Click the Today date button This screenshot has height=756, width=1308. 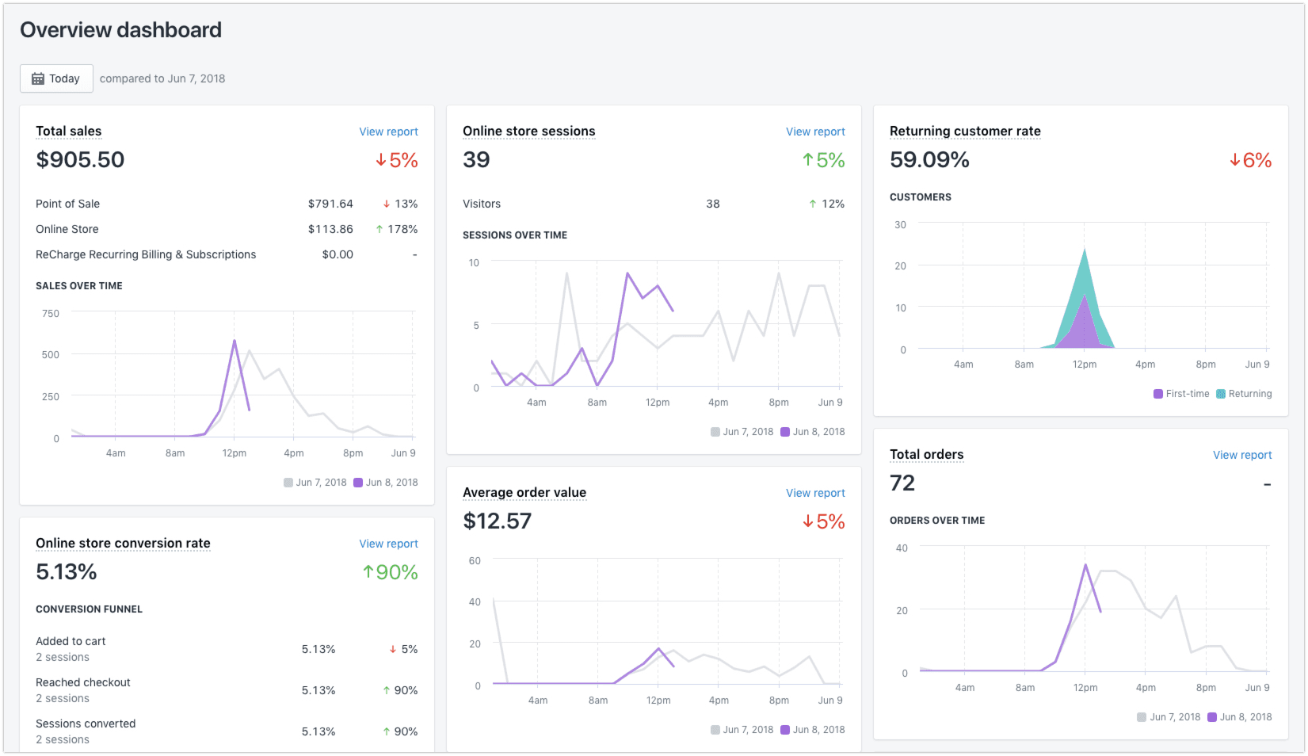click(56, 78)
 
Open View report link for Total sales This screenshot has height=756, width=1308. click(388, 132)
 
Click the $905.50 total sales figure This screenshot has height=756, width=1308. click(80, 160)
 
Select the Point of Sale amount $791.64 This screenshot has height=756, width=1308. click(330, 204)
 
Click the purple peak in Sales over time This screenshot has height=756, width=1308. click(235, 342)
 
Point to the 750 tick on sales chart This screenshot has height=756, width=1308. click(51, 314)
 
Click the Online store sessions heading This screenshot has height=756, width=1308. click(528, 132)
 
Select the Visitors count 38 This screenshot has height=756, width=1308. click(713, 204)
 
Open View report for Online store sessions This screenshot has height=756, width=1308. click(815, 132)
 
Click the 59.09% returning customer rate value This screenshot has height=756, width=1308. click(929, 160)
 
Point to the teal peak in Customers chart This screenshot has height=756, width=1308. click(1085, 251)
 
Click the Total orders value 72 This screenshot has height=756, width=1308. click(902, 483)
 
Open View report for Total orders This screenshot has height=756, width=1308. click(1242, 455)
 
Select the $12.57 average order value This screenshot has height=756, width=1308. click(497, 521)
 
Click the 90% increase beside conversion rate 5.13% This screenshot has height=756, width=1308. click(390, 572)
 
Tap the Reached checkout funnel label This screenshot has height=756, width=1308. click(83, 682)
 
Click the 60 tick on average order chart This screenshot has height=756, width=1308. click(475, 561)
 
